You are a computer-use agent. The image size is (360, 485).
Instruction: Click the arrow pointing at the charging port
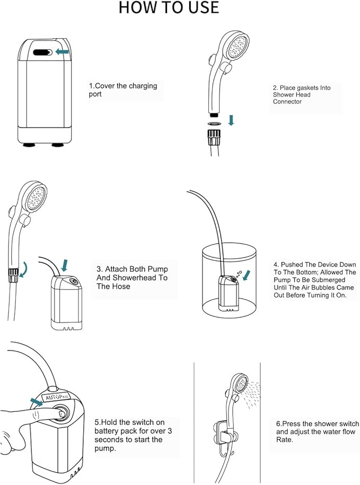[x=63, y=52]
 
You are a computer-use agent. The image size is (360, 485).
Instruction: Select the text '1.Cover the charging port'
[x=122, y=90]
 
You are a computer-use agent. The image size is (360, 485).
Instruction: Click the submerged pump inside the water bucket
[x=229, y=292]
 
